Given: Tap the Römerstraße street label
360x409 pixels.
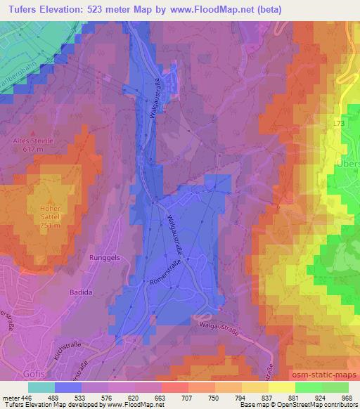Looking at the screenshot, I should tap(167, 271).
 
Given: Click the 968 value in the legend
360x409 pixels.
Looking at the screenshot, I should tap(347, 396).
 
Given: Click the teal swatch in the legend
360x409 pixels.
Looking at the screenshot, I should tap(41, 387).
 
